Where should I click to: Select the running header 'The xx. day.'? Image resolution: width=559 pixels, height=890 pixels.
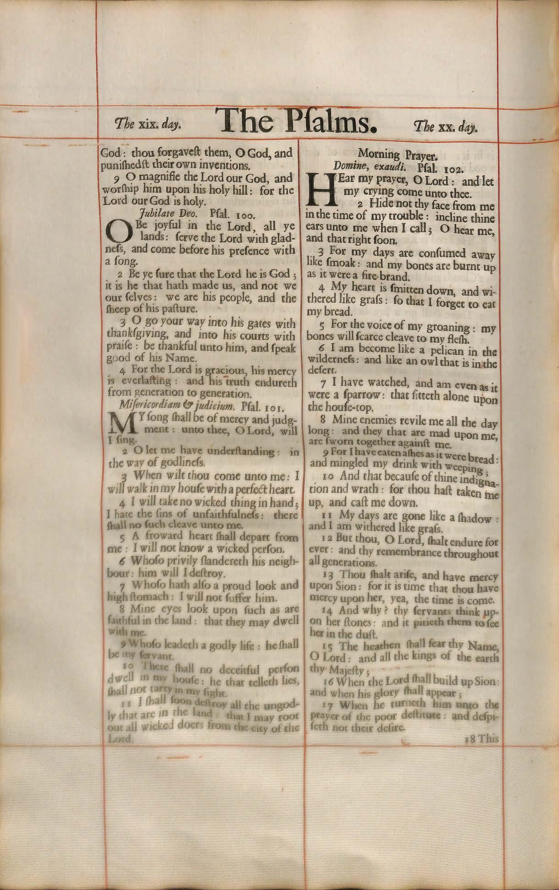[445, 125]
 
